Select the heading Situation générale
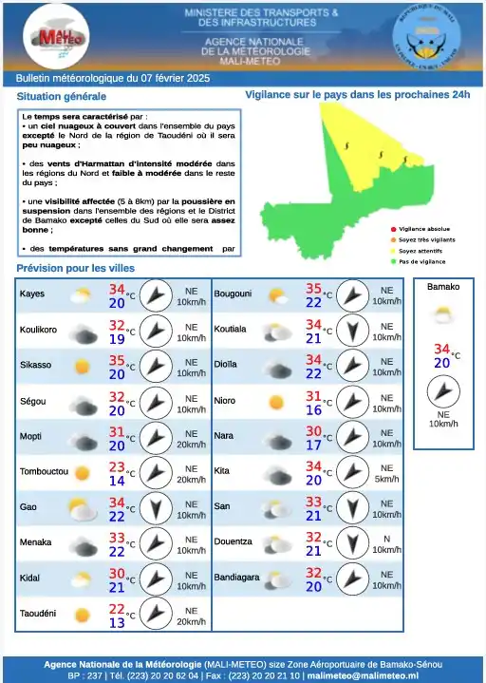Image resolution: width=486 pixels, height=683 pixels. tap(62, 97)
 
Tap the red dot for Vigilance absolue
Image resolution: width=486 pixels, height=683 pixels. tap(393, 230)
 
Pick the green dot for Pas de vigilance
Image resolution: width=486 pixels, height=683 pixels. tap(393, 261)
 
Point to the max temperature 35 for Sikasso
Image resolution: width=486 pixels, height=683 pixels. tap(118, 361)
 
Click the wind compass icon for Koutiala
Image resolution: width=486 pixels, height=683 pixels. tap(351, 331)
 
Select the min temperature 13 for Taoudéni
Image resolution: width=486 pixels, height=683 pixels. tap(118, 622)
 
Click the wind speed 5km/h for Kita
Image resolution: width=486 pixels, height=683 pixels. tap(386, 479)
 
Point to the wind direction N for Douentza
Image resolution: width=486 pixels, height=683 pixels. tap(386, 539)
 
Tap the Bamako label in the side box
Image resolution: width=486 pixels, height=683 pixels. tap(443, 287)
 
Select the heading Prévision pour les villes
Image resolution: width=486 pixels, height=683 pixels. tap(76, 269)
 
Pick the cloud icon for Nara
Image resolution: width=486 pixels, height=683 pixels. tap(277, 437)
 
